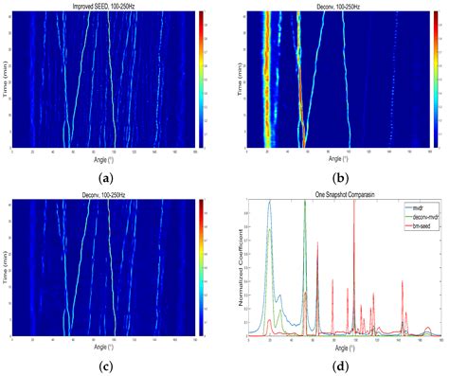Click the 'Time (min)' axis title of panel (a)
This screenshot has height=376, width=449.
5,81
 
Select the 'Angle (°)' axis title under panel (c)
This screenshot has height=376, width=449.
104,347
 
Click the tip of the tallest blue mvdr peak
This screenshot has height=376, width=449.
270,201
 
